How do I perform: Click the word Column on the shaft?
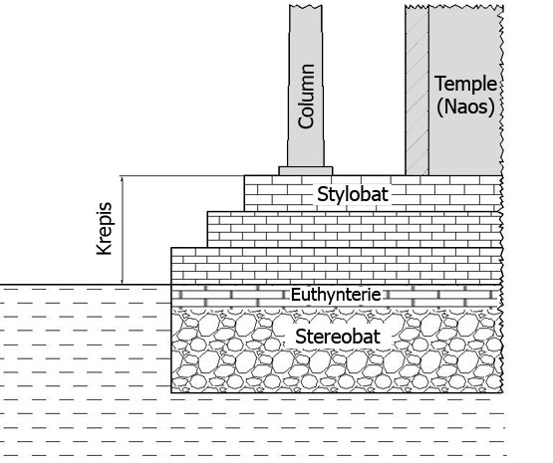[306, 97]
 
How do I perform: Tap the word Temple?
[465, 85]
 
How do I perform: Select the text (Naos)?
[465, 107]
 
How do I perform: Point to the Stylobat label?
[353, 194]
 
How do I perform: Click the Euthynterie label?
[336, 295]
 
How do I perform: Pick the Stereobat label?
[338, 337]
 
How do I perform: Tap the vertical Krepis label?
[105, 228]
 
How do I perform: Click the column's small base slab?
[306, 171]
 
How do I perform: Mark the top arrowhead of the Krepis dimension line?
[122, 178]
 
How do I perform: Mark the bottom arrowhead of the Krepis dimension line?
[122, 281]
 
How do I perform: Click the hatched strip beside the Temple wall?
[416, 91]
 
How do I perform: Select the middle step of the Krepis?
[355, 229]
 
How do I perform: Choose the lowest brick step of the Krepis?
[337, 266]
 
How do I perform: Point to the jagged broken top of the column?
[306, 6]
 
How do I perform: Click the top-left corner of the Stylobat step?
[244, 175]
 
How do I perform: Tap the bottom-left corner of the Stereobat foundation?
[171, 392]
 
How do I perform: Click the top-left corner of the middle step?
[207, 212]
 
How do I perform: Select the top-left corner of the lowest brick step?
[171, 248]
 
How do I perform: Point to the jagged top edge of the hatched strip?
[416, 6]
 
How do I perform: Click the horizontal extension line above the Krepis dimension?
[181, 175]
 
